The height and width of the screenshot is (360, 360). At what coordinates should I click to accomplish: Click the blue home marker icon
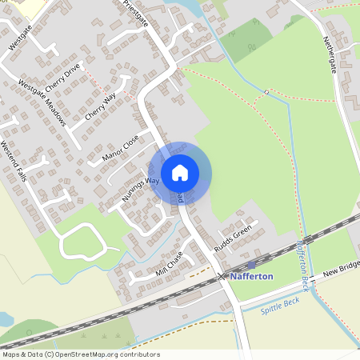click(180, 172)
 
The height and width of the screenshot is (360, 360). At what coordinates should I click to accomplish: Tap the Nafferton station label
click(252, 276)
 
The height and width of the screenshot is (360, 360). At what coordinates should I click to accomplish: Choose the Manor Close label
click(121, 149)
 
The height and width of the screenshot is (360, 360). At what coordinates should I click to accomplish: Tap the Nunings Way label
click(140, 189)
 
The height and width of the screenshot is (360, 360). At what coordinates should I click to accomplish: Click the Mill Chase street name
click(170, 265)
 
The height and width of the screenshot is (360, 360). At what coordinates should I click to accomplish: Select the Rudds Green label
click(233, 237)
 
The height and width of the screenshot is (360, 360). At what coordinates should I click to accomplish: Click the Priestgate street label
click(136, 14)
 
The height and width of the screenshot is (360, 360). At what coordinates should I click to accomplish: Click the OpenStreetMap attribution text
click(80, 354)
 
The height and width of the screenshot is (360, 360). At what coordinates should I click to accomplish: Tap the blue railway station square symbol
click(251, 265)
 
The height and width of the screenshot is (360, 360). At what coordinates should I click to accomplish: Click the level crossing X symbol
click(222, 276)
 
